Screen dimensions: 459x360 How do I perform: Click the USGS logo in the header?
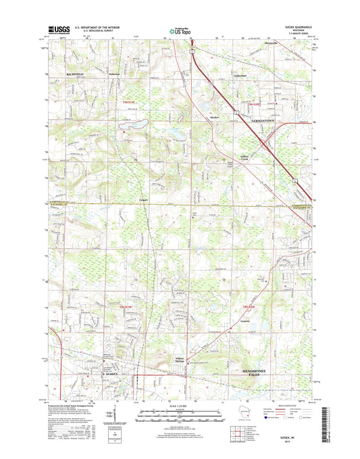[55, 30]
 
